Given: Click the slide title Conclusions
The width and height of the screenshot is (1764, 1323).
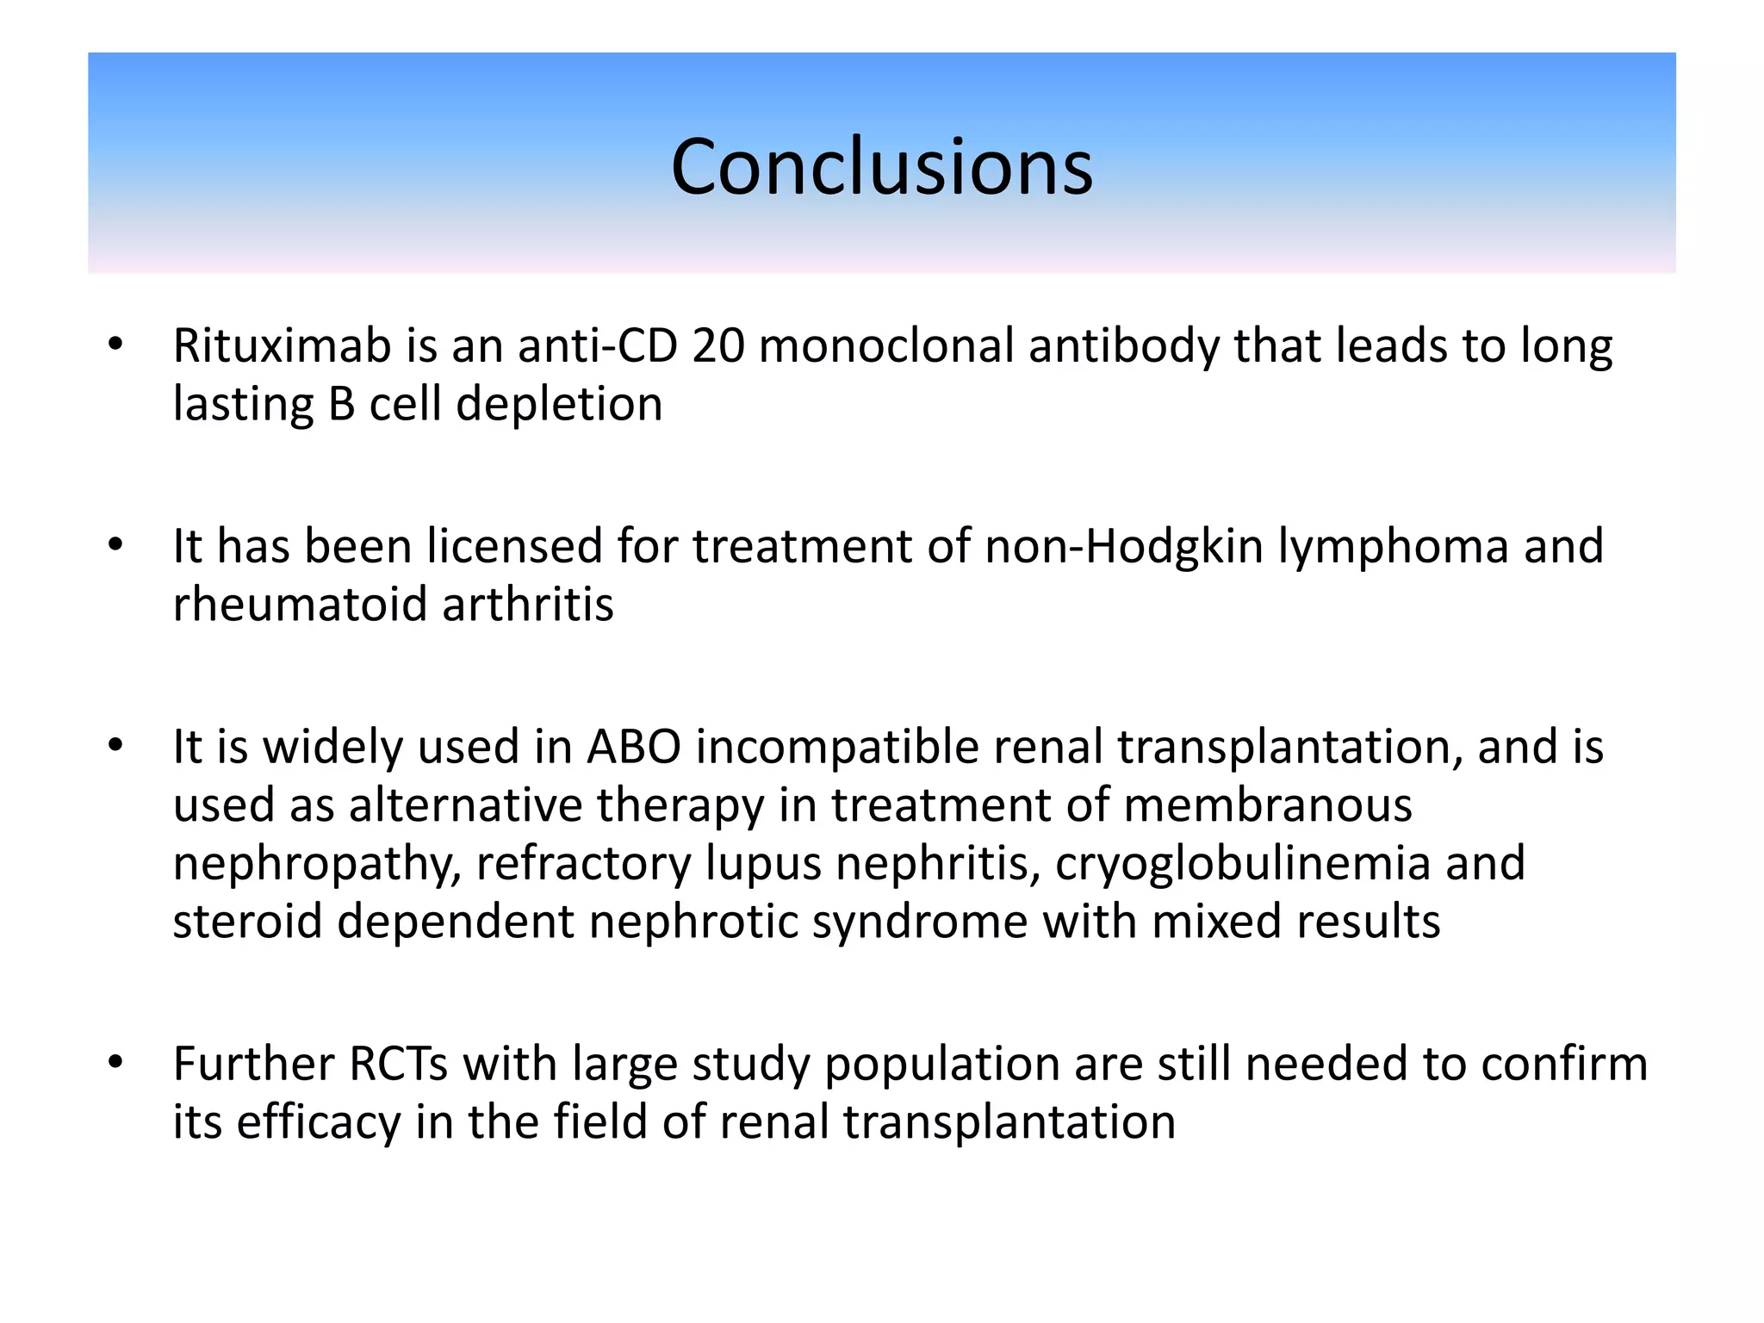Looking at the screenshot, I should pos(881,167).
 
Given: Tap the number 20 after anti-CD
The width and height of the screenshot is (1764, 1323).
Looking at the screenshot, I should pos(717,346).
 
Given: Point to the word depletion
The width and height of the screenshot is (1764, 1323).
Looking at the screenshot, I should pos(559,405).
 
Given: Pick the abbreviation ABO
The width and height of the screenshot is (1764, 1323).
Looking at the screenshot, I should pos(633,748).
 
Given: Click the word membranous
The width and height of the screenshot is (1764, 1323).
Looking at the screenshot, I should pos(1268,806).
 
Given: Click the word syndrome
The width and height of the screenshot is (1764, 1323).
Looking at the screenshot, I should pos(919,922).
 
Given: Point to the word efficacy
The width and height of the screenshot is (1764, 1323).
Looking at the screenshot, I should pos(318,1123).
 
